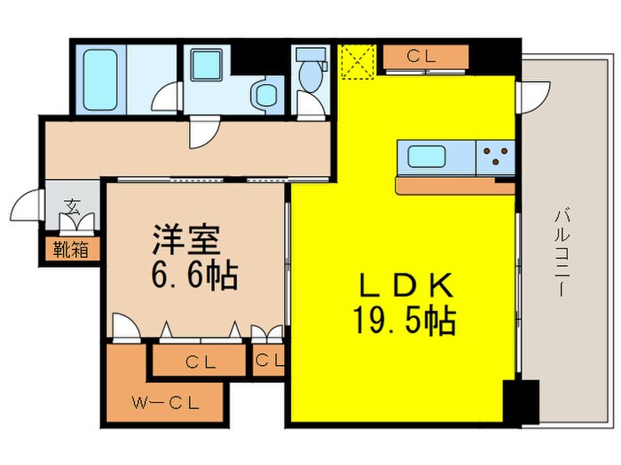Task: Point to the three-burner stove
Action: (495, 159)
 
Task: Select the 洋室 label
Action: (185, 240)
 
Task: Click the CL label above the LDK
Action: (425, 56)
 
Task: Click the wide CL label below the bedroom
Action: (197, 361)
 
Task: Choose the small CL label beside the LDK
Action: (269, 360)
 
